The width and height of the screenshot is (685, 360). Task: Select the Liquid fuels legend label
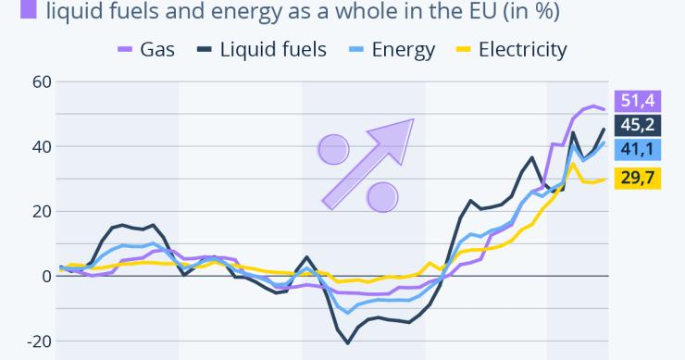pos(273,49)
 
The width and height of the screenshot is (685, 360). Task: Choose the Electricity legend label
pos(522,49)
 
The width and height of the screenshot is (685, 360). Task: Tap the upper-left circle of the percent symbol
pos(333,148)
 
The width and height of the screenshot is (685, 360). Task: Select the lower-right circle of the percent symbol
pos(382,196)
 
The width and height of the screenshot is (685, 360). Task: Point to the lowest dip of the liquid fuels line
pos(348,342)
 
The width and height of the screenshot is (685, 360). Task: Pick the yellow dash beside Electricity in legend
pos(462,49)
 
